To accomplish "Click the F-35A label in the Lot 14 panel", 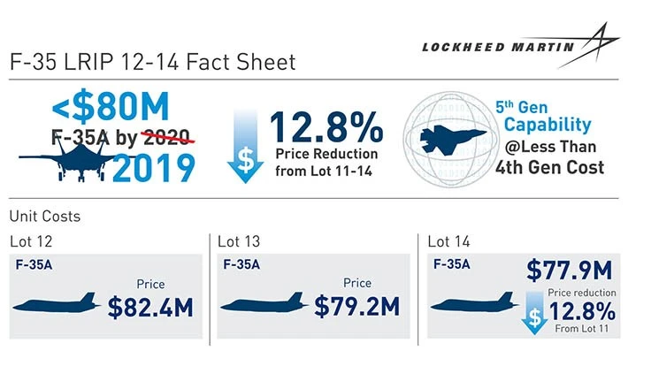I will [451, 263].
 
